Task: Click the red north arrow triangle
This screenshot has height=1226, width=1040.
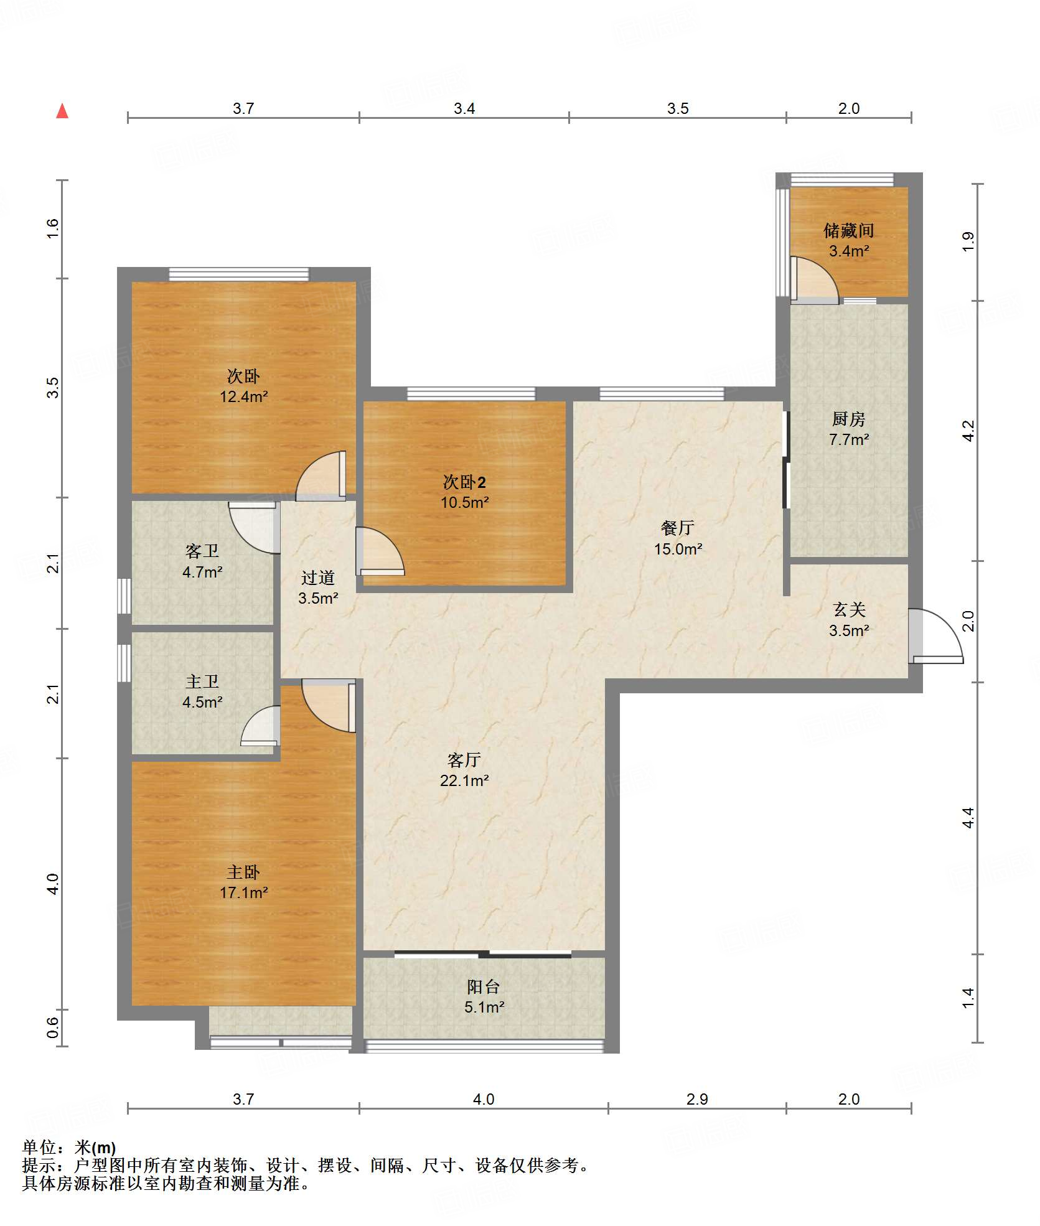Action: click(x=62, y=111)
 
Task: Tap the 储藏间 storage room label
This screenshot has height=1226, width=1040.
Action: click(x=848, y=231)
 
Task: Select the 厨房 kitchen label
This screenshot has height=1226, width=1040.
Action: click(x=848, y=419)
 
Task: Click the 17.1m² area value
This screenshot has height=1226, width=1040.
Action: click(x=243, y=892)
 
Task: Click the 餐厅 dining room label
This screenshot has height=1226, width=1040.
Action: click(x=678, y=528)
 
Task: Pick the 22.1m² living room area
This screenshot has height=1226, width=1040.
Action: click(x=464, y=780)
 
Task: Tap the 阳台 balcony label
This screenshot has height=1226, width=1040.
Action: click(x=484, y=986)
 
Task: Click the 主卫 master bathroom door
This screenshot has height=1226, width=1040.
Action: click(x=260, y=725)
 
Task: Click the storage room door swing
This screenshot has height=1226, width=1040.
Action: click(x=815, y=280)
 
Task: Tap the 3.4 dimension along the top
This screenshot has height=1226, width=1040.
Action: click(x=464, y=108)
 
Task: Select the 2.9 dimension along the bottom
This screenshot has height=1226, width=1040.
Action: click(x=697, y=1099)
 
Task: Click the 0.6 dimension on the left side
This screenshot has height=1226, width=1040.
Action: click(x=53, y=1027)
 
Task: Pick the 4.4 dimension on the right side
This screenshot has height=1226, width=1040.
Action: click(x=968, y=817)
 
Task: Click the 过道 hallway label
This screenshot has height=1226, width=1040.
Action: click(x=318, y=578)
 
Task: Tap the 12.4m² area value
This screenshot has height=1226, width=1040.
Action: click(x=243, y=396)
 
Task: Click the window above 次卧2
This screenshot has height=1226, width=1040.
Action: click(x=471, y=393)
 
